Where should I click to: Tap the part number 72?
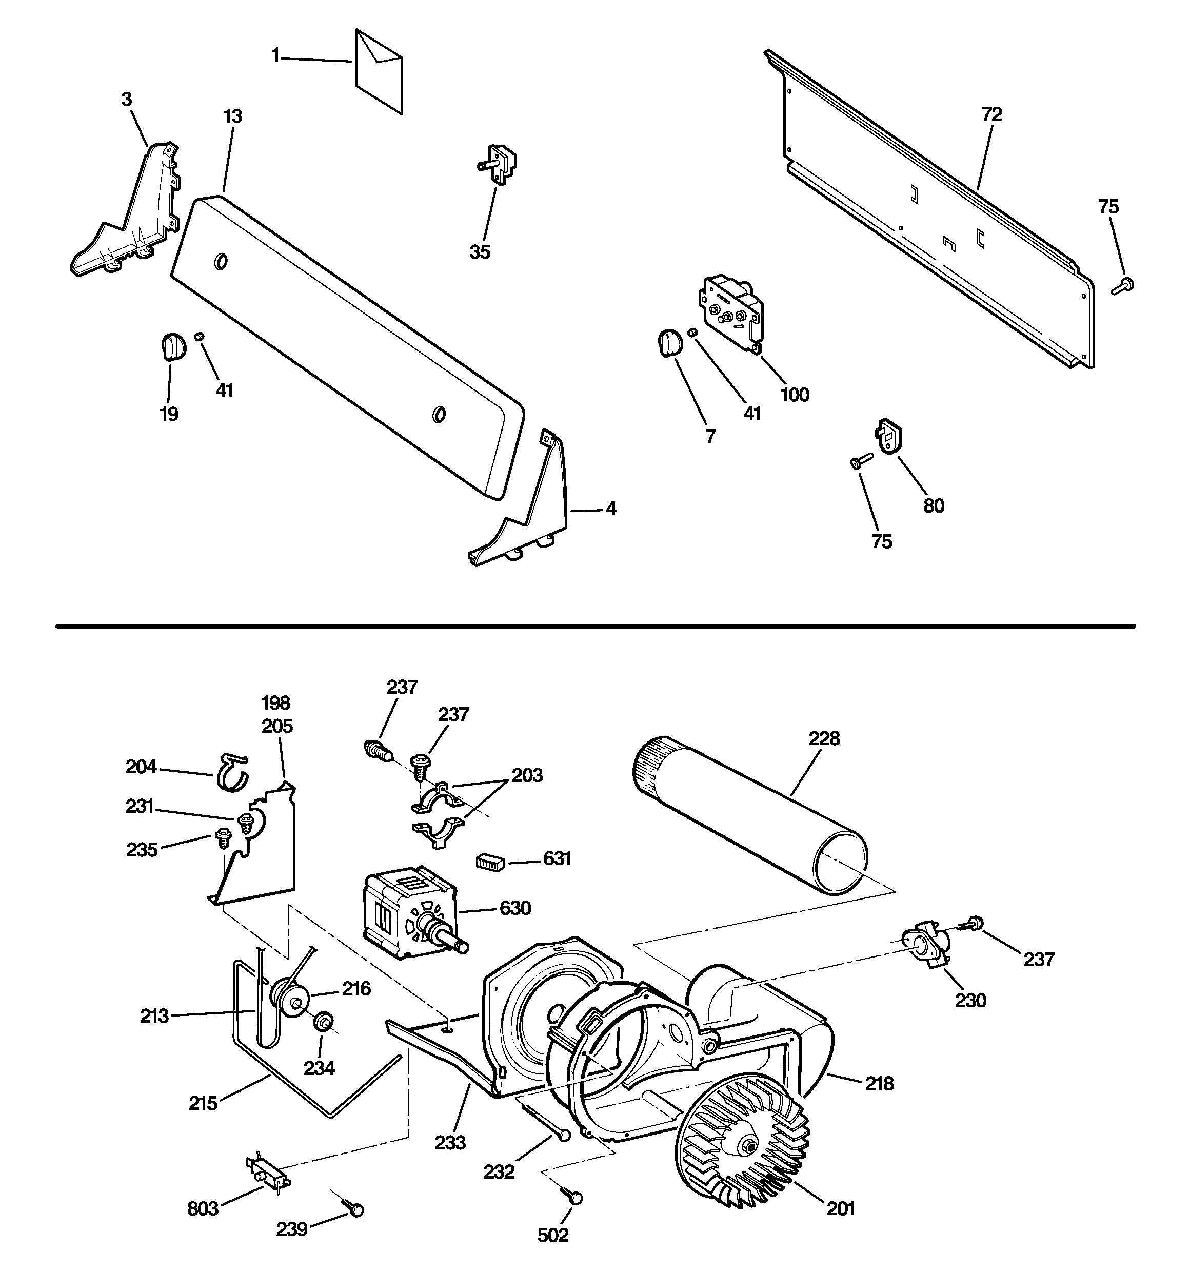991,115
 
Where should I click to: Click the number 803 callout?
203,1208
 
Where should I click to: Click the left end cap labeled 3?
131,217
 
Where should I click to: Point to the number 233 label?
450,1142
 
